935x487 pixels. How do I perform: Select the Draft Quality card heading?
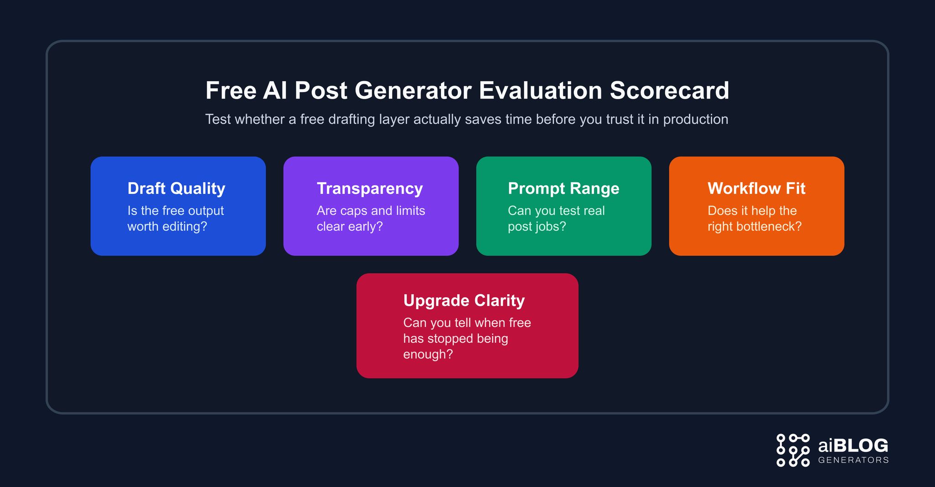click(x=176, y=188)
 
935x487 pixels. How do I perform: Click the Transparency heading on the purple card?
click(x=370, y=188)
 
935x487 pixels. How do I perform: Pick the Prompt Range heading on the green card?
click(x=563, y=188)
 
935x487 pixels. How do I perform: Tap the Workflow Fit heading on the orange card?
click(x=756, y=188)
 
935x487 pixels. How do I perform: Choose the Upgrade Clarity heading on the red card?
click(x=464, y=300)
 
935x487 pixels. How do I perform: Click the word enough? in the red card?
click(x=428, y=354)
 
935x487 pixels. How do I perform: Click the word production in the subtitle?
click(x=695, y=119)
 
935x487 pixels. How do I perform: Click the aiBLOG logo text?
click(x=853, y=446)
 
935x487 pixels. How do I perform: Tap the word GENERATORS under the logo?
click(x=853, y=460)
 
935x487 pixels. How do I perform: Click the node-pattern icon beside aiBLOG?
click(x=793, y=450)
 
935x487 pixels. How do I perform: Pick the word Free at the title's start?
click(x=231, y=90)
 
